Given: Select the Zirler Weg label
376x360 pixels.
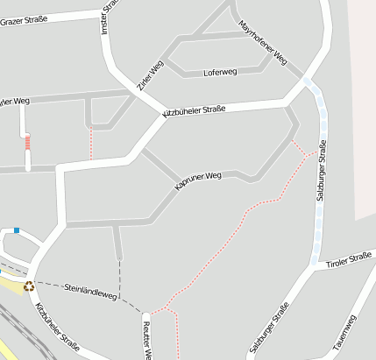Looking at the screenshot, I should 150,76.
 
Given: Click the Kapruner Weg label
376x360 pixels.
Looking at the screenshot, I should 198,181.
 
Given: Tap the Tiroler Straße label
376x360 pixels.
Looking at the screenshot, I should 348,260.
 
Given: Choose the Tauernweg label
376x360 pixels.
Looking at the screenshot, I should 344,334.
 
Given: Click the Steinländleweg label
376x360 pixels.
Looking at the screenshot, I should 90,292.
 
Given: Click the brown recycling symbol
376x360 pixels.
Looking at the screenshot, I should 29,285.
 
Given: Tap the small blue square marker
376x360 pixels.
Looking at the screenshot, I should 16,230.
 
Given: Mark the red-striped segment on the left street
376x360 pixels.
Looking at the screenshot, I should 27,142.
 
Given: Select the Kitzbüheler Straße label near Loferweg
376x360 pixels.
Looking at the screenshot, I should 195,111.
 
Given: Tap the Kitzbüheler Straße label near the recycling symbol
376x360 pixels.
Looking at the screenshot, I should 55,328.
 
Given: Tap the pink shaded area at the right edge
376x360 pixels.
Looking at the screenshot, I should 364,105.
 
